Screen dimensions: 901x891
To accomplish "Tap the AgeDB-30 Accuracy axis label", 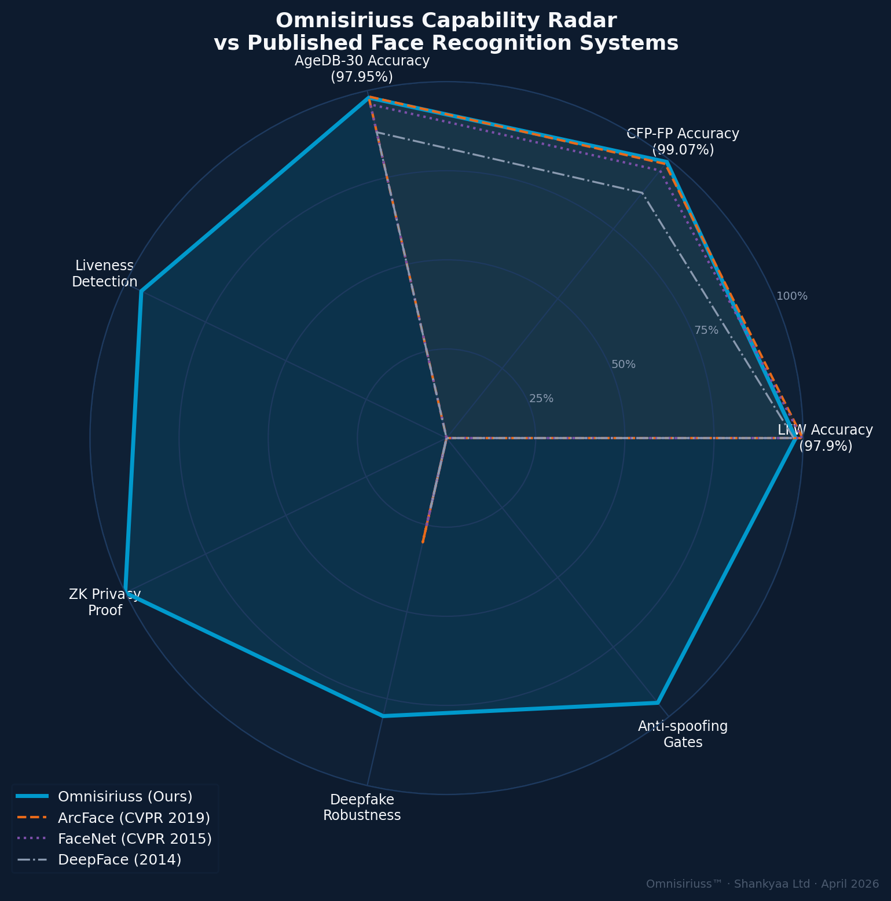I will coord(362,69).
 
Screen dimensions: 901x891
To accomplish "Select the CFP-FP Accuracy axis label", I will coord(683,142).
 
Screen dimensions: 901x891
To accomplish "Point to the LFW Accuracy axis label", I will coord(825,438).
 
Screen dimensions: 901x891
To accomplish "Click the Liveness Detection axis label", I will coord(104,274).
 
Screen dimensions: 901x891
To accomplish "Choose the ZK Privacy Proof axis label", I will coord(105,602).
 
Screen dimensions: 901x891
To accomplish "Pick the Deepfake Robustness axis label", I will coord(362,807).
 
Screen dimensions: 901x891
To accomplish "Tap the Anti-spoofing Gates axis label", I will coord(683,734).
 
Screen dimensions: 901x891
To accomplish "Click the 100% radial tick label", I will coord(791,296).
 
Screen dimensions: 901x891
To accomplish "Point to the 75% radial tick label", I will coord(706,330).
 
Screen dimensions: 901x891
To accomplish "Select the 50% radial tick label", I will coord(624,365).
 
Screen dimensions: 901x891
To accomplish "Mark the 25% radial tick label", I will coord(541,399).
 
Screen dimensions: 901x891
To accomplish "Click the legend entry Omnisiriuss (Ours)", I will coord(125,797).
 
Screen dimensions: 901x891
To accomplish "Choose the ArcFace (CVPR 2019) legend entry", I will coord(134,818).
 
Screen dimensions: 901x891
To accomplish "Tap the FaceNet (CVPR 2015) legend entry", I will coord(135,839).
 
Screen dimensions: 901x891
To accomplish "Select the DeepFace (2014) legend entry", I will coord(120,859).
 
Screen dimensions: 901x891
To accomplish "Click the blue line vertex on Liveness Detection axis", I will coord(141,292).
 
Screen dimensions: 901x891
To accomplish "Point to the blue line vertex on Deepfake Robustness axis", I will coord(383,716).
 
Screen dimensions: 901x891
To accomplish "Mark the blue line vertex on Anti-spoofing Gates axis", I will coord(658,703).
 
